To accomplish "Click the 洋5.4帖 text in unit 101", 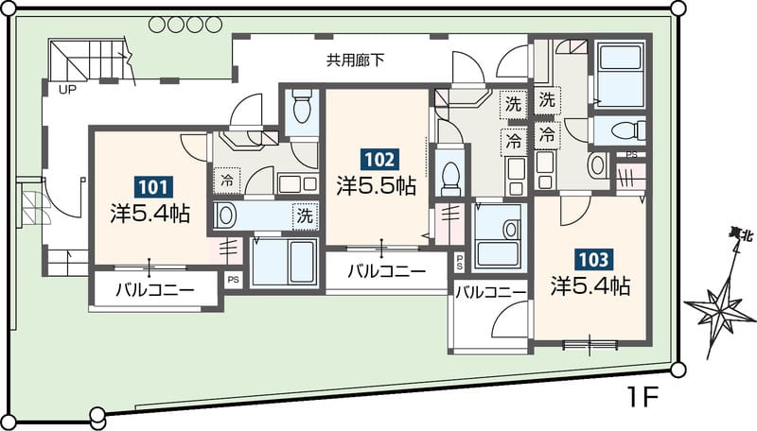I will (150, 214).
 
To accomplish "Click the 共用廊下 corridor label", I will (356, 61).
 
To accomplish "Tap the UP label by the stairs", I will (67, 91).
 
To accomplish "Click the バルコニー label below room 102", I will (385, 270).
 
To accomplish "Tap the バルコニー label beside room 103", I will (489, 293).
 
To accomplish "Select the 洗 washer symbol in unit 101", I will (305, 215).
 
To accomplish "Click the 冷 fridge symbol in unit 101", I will (228, 178).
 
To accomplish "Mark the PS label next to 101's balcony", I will (233, 279).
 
